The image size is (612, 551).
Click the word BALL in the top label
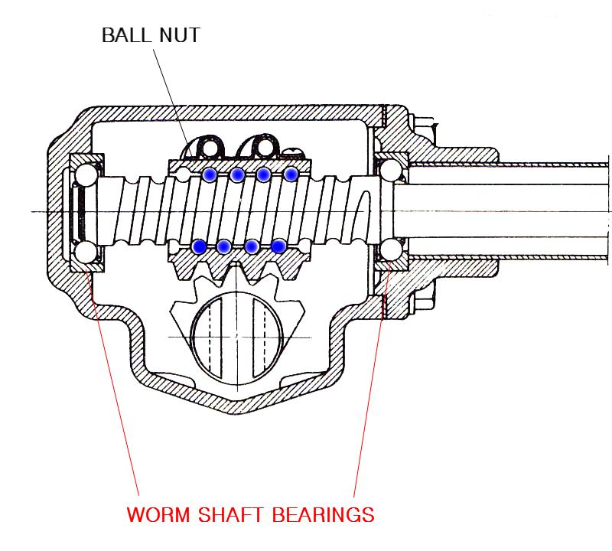[x=126, y=35]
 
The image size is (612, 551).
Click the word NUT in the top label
[x=180, y=35]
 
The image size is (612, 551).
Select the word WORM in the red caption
[x=158, y=514]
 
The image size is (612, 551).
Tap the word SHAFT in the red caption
[x=230, y=514]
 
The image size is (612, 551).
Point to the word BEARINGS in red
[x=323, y=514]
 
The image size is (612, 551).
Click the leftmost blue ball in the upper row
[x=210, y=174]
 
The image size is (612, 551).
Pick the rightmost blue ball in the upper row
[x=291, y=174]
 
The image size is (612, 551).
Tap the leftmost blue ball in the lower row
[x=200, y=246]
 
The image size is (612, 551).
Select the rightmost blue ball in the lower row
[x=278, y=246]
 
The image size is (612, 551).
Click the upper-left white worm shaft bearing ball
[x=86, y=174]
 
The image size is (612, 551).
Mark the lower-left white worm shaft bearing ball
[x=86, y=252]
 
